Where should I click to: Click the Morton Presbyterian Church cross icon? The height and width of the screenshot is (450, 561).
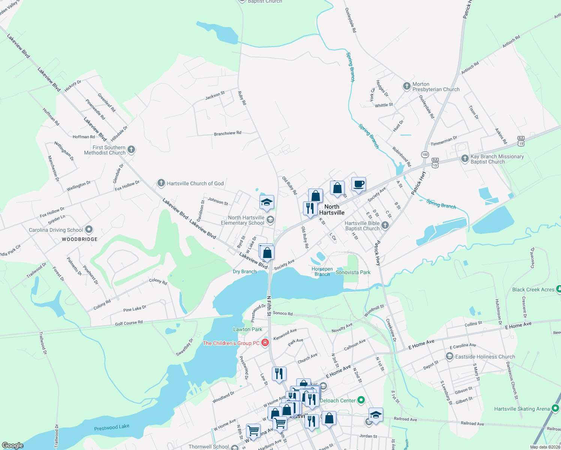click(x=406, y=86)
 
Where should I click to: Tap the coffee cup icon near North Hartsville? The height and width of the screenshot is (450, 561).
click(x=358, y=184)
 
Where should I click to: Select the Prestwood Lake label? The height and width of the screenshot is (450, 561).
click(x=112, y=427)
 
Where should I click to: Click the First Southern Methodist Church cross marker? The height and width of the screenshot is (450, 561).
click(x=131, y=150)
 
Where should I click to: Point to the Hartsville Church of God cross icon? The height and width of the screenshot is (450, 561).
click(x=161, y=183)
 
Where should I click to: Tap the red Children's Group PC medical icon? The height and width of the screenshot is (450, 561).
click(x=265, y=343)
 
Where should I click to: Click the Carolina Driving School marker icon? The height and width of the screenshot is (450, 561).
click(x=89, y=229)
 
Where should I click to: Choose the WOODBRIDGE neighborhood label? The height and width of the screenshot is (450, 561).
click(x=79, y=239)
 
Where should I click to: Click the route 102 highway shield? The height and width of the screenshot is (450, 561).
click(x=425, y=154)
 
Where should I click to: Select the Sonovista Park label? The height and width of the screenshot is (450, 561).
click(x=353, y=272)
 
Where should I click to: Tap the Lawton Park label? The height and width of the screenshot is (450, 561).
click(x=247, y=329)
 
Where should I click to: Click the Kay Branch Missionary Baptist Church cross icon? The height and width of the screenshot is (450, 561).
click(x=465, y=159)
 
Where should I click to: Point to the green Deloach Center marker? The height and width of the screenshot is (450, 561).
click(x=361, y=400)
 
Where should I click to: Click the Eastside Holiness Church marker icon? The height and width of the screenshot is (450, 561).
click(x=449, y=356)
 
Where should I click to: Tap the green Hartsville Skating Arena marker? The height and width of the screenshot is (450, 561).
click(x=556, y=408)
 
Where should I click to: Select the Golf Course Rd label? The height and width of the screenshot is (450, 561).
click(x=129, y=323)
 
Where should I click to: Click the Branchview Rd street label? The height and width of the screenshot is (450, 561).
click(x=228, y=133)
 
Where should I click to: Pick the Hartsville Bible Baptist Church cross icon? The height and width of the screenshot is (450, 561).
click(x=385, y=225)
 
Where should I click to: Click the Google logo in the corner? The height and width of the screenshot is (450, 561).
click(x=13, y=445)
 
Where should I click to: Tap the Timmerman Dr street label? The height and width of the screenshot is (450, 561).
click(x=444, y=141)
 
